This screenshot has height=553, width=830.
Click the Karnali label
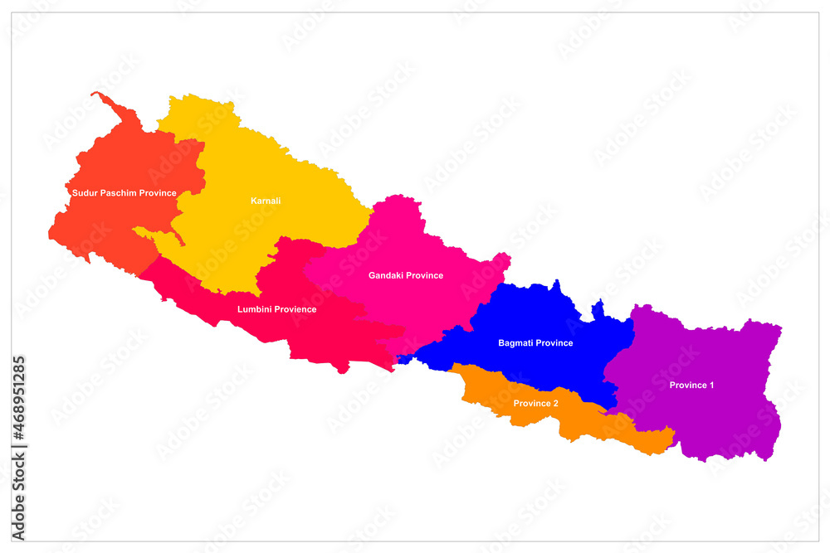266,201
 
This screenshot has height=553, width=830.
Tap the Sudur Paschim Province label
124,193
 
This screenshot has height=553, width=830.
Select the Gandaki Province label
406,275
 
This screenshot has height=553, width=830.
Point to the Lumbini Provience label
276,309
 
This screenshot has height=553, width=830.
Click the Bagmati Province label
535,342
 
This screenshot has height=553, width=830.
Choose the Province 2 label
535,404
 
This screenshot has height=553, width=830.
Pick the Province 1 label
691,385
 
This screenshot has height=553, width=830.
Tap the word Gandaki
386,275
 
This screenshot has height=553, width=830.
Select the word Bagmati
515,342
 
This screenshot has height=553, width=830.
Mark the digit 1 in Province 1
711,385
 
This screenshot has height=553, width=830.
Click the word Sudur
85,193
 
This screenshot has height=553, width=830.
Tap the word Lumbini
252,309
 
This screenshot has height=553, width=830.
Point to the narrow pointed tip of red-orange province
95,95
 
